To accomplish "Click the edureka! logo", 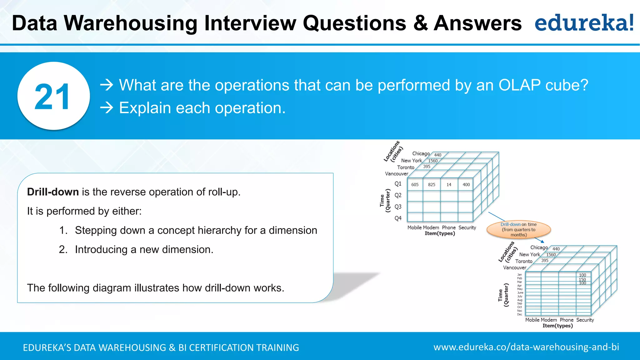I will click(584, 23).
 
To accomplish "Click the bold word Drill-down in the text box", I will click(53, 192).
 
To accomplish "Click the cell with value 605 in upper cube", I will click(415, 185).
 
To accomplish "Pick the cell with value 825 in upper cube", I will click(432, 185).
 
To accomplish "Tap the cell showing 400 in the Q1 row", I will click(466, 185).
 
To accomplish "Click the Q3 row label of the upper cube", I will click(398, 207).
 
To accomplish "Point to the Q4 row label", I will click(398, 218).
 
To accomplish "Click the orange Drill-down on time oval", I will click(518, 230).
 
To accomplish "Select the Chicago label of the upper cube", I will click(421, 153).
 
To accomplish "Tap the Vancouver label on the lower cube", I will click(514, 267).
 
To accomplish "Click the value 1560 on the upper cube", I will click(433, 161).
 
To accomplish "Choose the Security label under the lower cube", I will click(585, 320).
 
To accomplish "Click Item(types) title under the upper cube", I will click(440, 233).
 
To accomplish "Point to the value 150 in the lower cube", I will click(582, 279).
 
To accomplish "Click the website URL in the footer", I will click(526, 347).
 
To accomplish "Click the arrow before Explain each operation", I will click(107, 108).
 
